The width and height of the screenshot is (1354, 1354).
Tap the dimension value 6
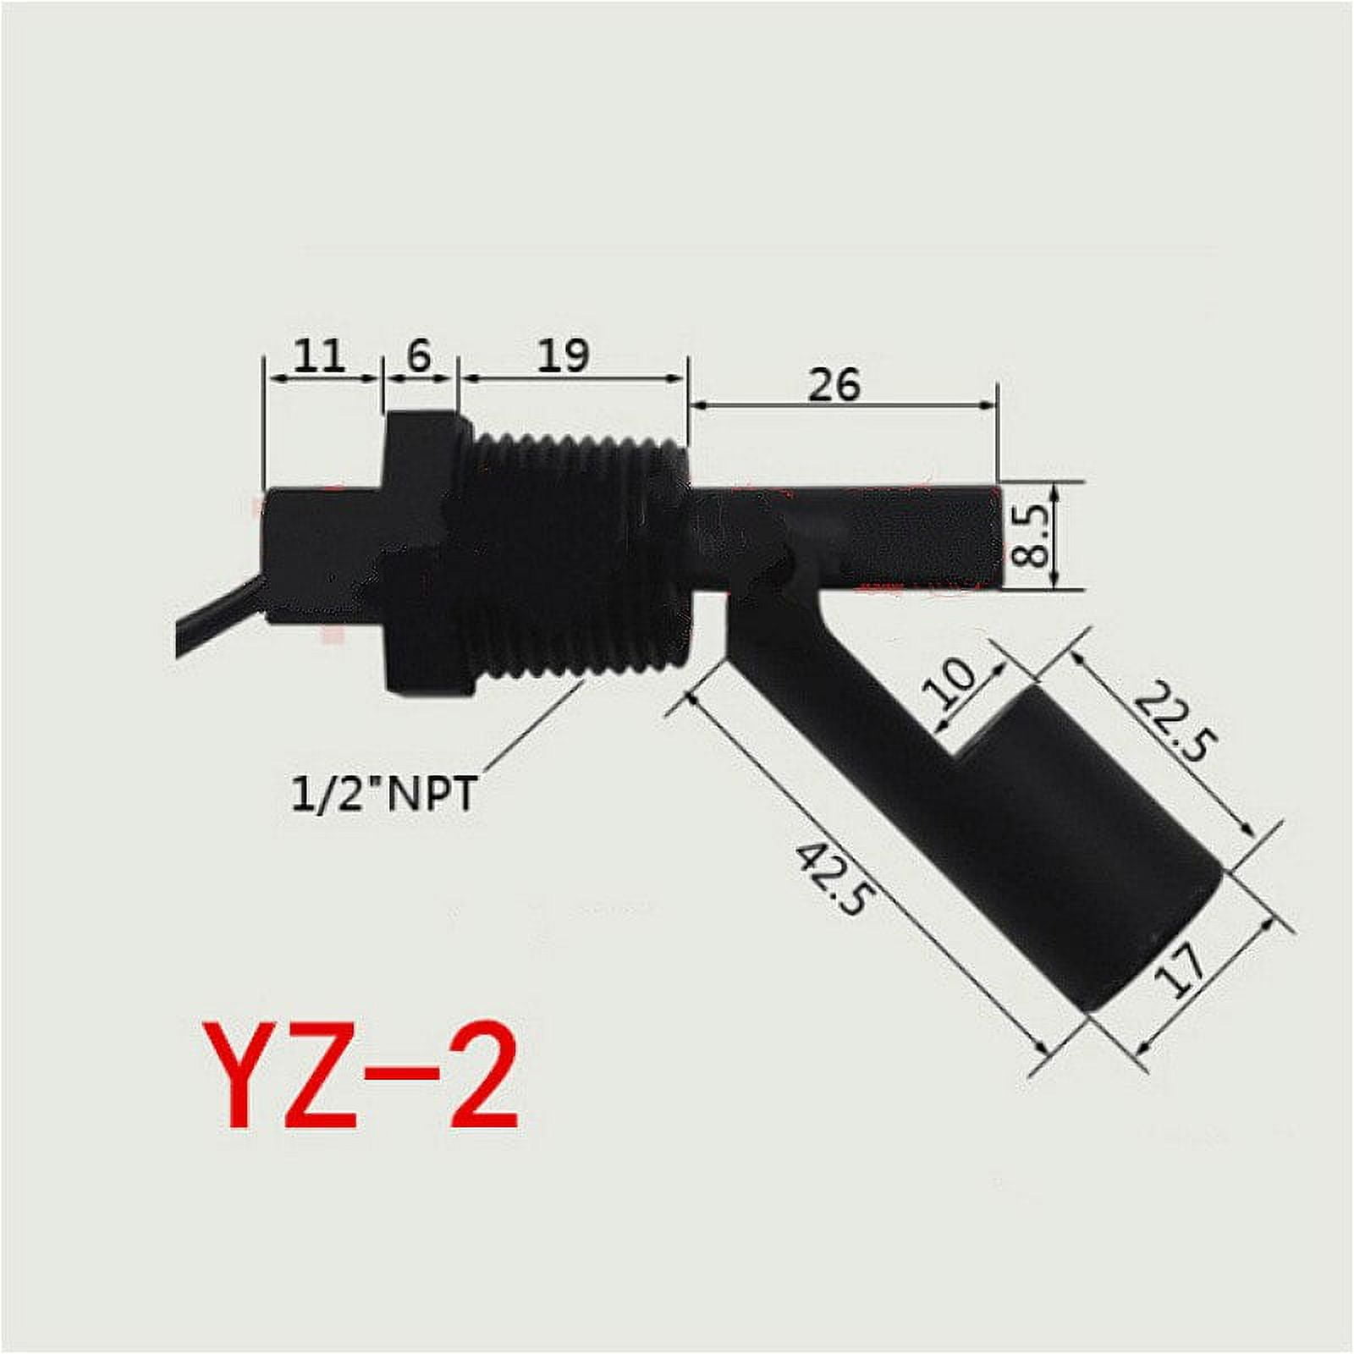pyautogui.click(x=417, y=356)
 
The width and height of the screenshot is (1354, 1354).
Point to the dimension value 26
pyautogui.click(x=834, y=385)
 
